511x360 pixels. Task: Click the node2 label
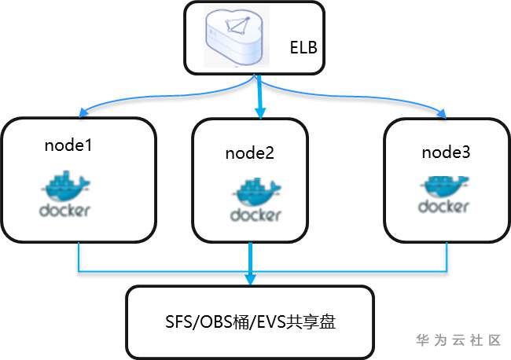(x=249, y=154)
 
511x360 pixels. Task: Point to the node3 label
(x=447, y=152)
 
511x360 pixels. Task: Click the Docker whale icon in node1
(x=66, y=186)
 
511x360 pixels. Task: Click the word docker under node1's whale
(x=64, y=210)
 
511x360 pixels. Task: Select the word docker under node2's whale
(x=256, y=214)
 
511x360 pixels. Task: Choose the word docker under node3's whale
(x=444, y=208)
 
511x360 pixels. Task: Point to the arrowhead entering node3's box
(x=443, y=115)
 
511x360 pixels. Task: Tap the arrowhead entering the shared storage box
(x=251, y=281)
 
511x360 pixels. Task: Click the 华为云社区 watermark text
(x=458, y=340)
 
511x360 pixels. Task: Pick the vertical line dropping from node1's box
(x=79, y=256)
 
